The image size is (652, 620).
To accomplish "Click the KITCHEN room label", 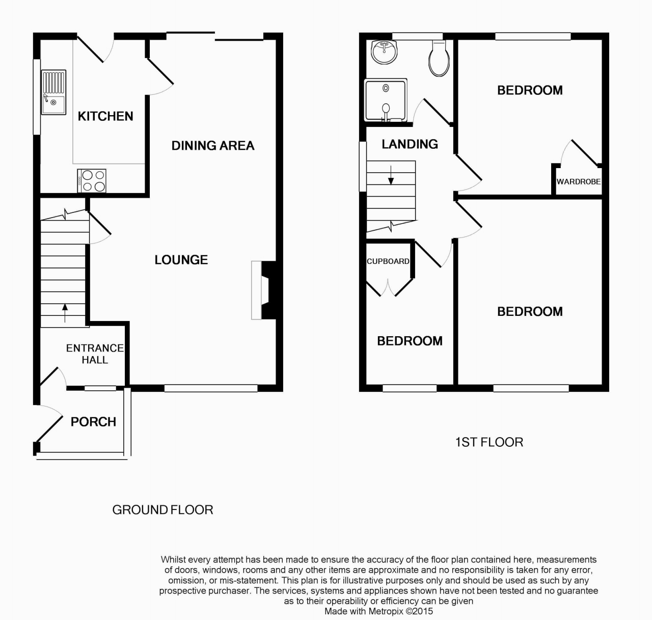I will (x=105, y=116).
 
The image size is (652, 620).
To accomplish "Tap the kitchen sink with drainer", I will (x=53, y=92).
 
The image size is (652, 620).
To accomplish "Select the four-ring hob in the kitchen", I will (x=92, y=180).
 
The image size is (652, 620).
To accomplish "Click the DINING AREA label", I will (x=212, y=146).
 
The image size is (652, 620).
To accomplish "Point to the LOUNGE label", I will (x=181, y=260).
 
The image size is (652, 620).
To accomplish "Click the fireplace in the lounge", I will (x=264, y=290).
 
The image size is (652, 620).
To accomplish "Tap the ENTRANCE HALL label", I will (x=95, y=354).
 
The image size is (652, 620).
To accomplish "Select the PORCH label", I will (x=93, y=422).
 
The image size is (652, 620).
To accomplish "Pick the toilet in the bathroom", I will (x=439, y=58).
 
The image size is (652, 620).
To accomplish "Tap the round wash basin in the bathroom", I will (x=385, y=52).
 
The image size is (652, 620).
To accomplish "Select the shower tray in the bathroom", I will (x=386, y=100).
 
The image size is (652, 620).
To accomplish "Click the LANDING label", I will (x=410, y=144).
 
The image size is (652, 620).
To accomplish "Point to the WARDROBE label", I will (x=578, y=181).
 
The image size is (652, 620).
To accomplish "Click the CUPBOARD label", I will (x=388, y=261).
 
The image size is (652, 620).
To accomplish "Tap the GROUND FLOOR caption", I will (x=162, y=510).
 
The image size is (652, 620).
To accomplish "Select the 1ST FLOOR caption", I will (x=489, y=442).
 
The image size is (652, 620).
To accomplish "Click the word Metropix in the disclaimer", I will (x=385, y=611).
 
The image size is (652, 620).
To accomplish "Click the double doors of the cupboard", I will (x=389, y=288).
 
